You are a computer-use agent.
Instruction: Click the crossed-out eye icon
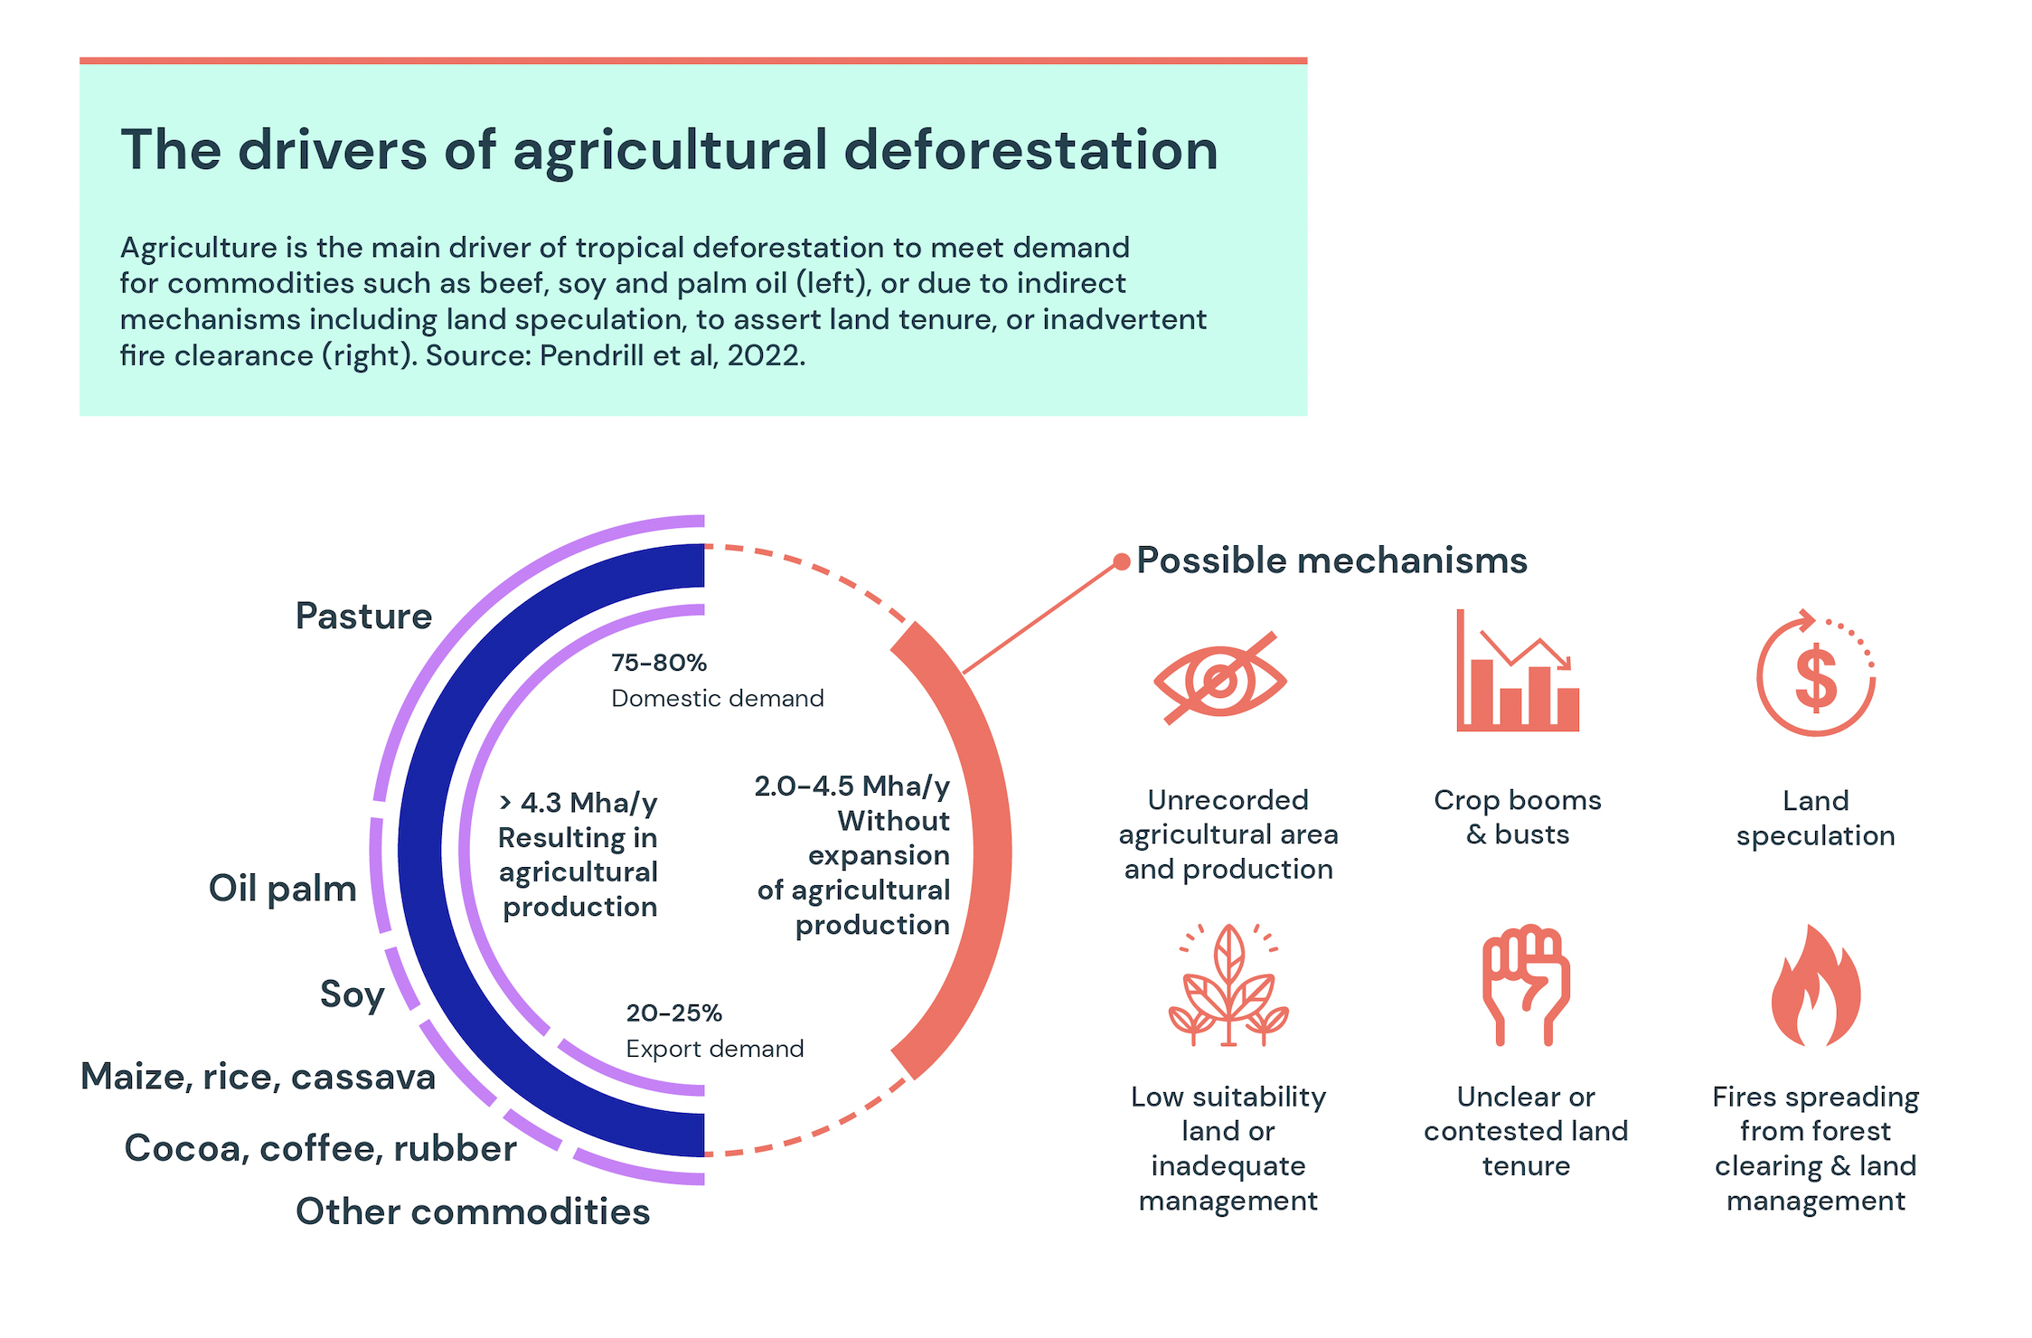click(x=1219, y=679)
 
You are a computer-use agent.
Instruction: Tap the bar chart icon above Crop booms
click(x=1517, y=673)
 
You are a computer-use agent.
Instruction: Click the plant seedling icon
click(x=1228, y=986)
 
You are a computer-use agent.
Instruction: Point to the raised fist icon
click(x=1526, y=985)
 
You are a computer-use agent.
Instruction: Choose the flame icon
click(x=1815, y=986)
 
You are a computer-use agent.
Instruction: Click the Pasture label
click(x=363, y=617)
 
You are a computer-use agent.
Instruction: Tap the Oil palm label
click(x=282, y=889)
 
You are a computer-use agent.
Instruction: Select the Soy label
click(x=352, y=994)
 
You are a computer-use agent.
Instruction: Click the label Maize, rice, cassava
click(x=258, y=1077)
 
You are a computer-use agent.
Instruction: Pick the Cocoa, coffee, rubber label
click(x=320, y=1148)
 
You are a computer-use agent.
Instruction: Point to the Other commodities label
click(x=472, y=1211)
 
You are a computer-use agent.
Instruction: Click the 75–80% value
click(x=658, y=663)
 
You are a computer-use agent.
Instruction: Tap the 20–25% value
click(x=673, y=1013)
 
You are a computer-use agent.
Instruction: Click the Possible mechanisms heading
click(x=1331, y=561)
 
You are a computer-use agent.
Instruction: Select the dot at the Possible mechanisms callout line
click(x=1121, y=562)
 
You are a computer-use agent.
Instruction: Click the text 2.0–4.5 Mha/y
click(x=851, y=786)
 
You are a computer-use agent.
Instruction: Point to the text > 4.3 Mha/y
click(x=579, y=802)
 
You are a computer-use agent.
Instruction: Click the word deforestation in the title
click(x=1030, y=150)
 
